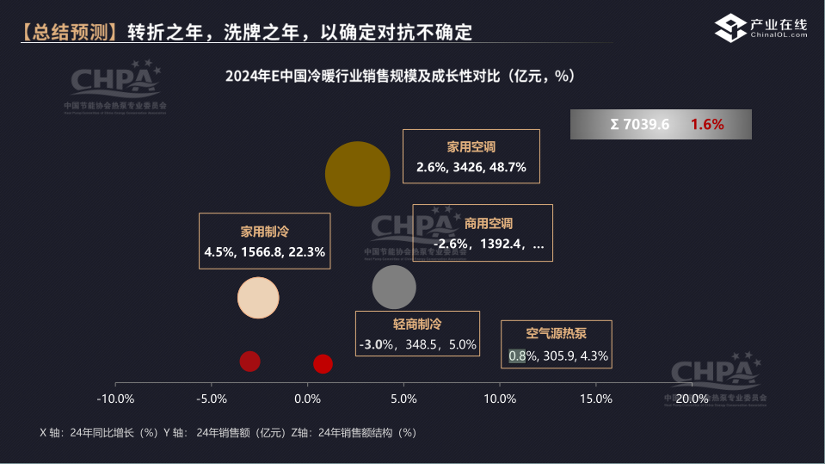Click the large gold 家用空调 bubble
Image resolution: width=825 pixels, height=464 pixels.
[x=358, y=174]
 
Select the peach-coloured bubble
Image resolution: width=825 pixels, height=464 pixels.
[x=259, y=299]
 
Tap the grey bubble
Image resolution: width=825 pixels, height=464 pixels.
[x=394, y=288]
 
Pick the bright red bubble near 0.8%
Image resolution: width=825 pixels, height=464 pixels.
[x=323, y=363]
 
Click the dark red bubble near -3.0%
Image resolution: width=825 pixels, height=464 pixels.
[x=249, y=362]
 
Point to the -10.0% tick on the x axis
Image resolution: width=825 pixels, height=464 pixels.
[x=115, y=399]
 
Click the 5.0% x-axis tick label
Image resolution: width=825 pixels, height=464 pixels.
[x=403, y=399]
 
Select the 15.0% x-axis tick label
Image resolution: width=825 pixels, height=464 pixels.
[x=596, y=399]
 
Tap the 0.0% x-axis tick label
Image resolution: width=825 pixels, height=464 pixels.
[x=307, y=399]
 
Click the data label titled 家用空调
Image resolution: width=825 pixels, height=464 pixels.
[x=471, y=157]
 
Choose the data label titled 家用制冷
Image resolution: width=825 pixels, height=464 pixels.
[x=264, y=241]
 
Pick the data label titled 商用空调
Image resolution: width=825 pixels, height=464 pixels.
[x=482, y=233]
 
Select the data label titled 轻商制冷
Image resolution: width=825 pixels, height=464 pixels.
[x=417, y=334]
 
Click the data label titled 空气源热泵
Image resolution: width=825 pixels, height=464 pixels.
[x=557, y=344]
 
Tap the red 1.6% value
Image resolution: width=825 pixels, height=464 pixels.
[x=706, y=124]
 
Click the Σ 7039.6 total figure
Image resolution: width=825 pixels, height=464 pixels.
[x=639, y=124]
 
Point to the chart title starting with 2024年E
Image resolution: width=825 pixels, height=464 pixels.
[x=399, y=76]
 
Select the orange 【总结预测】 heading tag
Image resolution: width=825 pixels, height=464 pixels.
[x=69, y=33]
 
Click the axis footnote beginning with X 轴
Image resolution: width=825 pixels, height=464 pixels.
[x=228, y=432]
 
